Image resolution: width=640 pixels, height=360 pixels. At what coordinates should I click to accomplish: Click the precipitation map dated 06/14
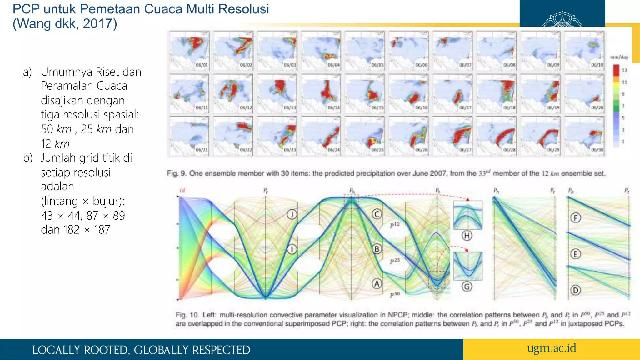tap(321, 94)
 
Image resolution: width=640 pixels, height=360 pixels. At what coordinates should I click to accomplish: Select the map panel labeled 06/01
tap(189, 51)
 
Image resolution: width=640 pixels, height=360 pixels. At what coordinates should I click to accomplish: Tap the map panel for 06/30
tap(584, 136)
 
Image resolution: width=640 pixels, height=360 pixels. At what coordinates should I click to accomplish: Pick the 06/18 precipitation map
tap(497, 94)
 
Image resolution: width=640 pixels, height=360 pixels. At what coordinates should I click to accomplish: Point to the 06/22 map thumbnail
tap(233, 136)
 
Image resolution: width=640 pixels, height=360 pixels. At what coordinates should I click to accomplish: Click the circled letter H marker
tap(467, 236)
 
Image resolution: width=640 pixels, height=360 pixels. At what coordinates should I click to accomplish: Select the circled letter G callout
tap(467, 287)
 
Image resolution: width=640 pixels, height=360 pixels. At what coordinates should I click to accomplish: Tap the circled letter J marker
tap(292, 214)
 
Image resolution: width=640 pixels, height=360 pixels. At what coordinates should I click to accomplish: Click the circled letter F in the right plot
tap(575, 218)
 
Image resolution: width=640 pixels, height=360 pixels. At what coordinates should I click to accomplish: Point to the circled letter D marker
tap(575, 290)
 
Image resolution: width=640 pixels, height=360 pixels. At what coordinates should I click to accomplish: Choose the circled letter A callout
tap(377, 284)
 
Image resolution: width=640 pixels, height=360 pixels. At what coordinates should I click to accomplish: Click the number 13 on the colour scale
tap(624, 70)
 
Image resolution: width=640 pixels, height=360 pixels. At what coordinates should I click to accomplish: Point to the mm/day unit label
tap(619, 57)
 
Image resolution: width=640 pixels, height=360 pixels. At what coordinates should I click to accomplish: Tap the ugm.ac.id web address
tap(552, 348)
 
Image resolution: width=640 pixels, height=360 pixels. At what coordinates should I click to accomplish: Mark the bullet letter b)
tap(28, 158)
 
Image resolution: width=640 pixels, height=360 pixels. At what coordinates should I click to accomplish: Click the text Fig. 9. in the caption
tap(177, 173)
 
